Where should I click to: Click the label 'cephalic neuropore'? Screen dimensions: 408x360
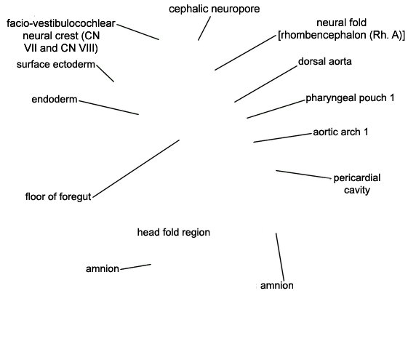tap(214, 9)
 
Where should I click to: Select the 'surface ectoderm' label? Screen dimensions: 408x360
tap(56, 64)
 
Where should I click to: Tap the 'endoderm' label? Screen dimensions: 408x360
tap(55, 99)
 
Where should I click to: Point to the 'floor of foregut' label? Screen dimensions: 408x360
tap(58, 196)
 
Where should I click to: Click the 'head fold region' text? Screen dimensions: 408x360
tap(174, 232)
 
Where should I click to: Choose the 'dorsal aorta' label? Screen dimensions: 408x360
tap(325, 61)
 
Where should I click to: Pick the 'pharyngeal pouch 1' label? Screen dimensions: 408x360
tap(350, 98)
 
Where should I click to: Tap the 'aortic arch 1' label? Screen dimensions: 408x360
tap(340, 132)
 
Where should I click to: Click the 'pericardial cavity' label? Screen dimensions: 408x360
tap(357, 184)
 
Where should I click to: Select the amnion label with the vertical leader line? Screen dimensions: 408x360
tap(277, 285)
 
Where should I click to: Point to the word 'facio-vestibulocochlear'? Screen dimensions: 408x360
tap(61, 23)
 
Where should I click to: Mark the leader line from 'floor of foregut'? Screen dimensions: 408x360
tap(136, 169)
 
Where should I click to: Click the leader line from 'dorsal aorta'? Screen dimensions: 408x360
tap(265, 84)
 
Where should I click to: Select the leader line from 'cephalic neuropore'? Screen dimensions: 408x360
tap(204, 28)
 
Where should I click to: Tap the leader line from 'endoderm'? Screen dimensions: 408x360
tap(109, 108)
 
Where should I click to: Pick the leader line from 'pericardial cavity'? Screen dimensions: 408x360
tap(303, 175)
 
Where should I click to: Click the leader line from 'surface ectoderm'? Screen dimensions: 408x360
tap(105, 73)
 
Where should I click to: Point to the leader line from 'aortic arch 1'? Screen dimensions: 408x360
tap(282, 138)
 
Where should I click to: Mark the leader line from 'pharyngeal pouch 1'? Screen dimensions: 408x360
tap(276, 109)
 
